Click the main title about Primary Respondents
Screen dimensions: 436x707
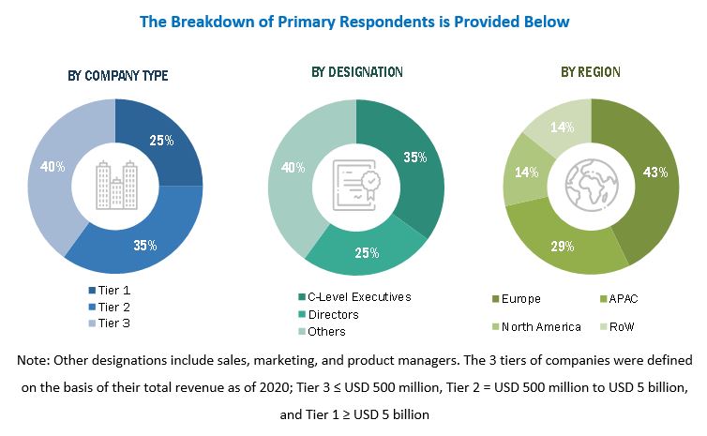click(x=354, y=21)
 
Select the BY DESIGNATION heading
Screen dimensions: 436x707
click(x=357, y=72)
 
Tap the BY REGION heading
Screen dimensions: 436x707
click(x=591, y=72)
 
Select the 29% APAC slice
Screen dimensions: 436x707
click(x=562, y=244)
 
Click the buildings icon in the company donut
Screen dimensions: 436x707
click(x=115, y=184)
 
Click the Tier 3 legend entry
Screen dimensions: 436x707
click(x=112, y=323)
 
